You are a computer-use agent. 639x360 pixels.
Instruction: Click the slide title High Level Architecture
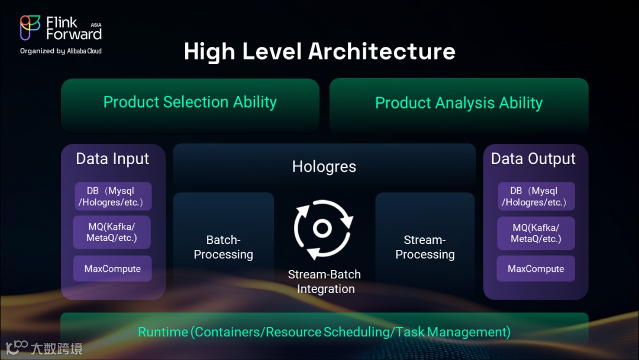tap(319, 52)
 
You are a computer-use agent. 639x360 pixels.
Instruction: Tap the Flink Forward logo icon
tap(30, 27)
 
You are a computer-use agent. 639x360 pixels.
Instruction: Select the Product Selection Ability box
tap(190, 102)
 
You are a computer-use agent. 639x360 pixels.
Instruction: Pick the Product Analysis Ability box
tap(459, 103)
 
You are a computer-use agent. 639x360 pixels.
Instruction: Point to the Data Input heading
tap(112, 159)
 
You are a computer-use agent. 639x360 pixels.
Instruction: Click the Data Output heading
tap(533, 159)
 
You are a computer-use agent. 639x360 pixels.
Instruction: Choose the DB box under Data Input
tap(112, 197)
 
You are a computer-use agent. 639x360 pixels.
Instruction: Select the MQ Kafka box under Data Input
tap(112, 232)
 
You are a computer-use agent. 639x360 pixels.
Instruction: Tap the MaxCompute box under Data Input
tap(112, 269)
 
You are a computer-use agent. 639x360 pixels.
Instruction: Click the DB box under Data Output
tap(535, 197)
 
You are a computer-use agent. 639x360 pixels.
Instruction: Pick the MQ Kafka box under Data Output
tap(535, 233)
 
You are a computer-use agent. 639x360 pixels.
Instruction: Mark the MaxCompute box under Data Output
tap(535, 269)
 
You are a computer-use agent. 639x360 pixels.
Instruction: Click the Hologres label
tap(324, 167)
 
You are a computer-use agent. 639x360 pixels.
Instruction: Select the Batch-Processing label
tap(224, 247)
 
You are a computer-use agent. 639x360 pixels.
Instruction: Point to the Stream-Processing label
tap(425, 247)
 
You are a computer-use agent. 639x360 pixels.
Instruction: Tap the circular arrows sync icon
tap(323, 229)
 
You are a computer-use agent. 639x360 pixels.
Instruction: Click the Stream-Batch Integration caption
tap(325, 282)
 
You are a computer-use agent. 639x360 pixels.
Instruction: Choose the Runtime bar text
tap(324, 332)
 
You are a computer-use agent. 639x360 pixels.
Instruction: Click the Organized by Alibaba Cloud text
tap(61, 52)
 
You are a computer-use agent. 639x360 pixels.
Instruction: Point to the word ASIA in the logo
tap(96, 25)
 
